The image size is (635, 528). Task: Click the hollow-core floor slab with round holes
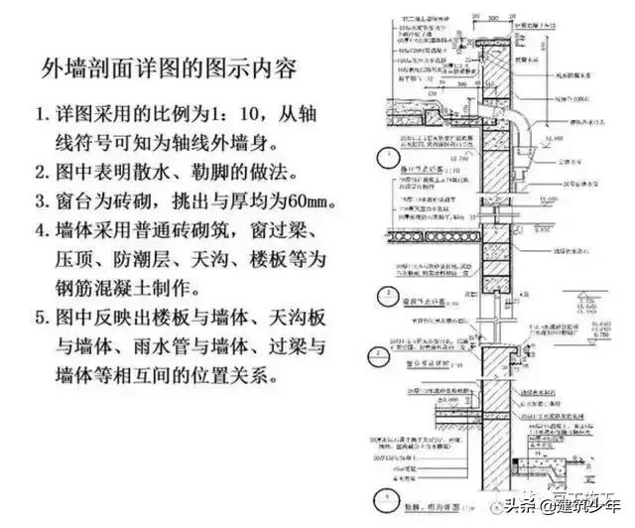(437, 237)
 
